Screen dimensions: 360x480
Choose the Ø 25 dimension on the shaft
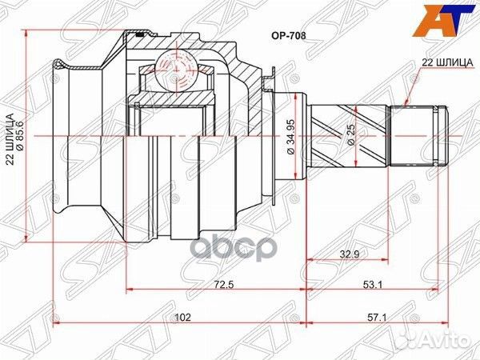pyautogui.click(x=352, y=134)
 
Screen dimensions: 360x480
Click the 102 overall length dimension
pyautogui.click(x=182, y=318)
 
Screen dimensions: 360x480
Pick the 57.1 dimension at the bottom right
pyautogui.click(x=395, y=318)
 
